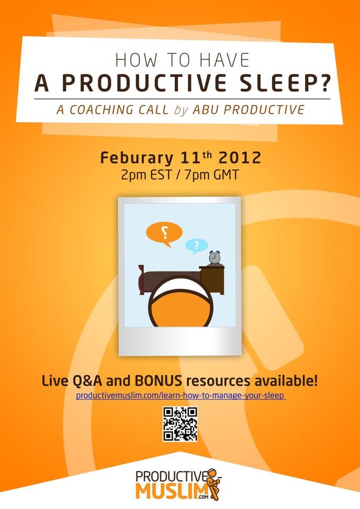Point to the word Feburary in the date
135,157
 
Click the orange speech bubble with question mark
164,233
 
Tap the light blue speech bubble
196,245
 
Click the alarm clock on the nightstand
215,258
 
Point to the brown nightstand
212,278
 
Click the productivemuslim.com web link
181,395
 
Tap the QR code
180,423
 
